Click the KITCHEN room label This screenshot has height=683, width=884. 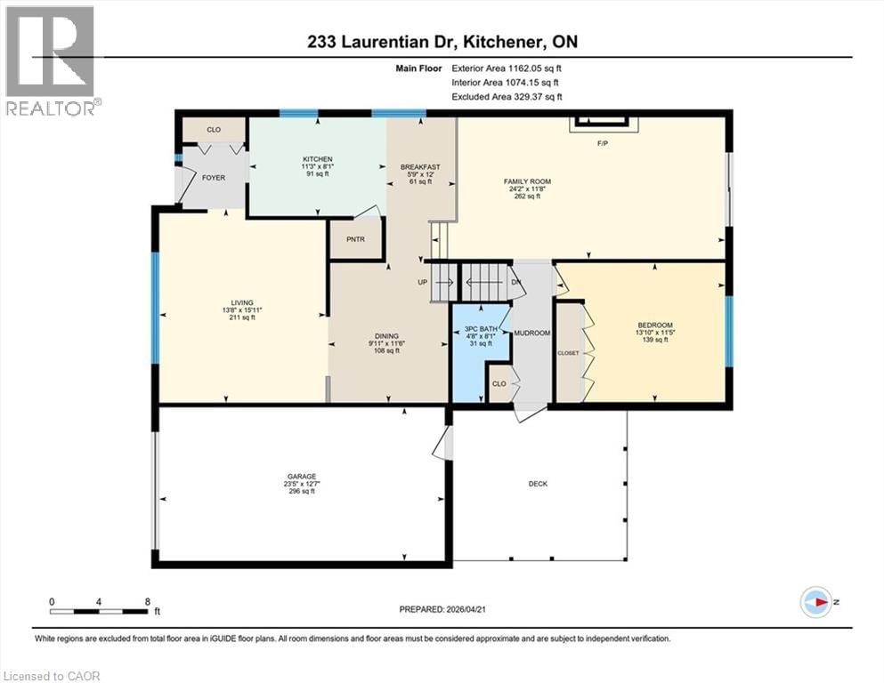[317, 159]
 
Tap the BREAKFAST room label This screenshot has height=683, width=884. [420, 166]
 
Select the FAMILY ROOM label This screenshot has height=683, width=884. [528, 181]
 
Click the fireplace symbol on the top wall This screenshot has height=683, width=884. [602, 123]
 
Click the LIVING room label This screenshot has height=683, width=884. [241, 301]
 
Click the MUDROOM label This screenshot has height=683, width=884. [533, 333]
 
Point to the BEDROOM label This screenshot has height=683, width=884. [655, 325]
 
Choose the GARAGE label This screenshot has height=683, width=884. [301, 477]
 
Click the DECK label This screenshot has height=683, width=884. [538, 484]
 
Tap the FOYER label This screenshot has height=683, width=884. [214, 178]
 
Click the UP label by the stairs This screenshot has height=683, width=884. [423, 283]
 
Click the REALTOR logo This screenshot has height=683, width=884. [51, 62]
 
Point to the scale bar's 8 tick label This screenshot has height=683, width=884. [146, 602]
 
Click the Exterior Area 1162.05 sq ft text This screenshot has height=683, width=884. [507, 67]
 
